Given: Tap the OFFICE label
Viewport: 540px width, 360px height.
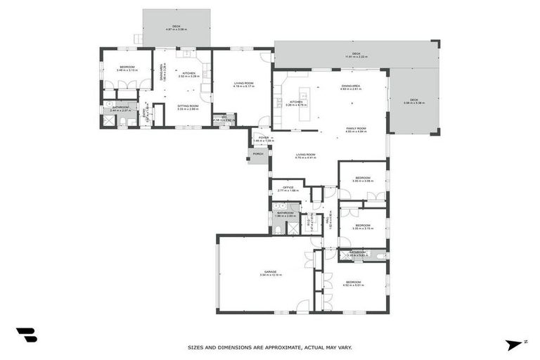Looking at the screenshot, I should [x=288, y=188].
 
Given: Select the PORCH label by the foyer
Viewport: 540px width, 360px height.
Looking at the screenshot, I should [x=258, y=153].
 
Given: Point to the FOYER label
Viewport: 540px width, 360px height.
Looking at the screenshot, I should [x=263, y=139].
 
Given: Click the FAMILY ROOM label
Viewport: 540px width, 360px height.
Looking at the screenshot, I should [x=356, y=129].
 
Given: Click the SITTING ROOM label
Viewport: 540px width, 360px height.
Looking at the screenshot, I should [x=188, y=106].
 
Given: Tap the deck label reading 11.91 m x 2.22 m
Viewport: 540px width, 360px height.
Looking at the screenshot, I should [x=356, y=55].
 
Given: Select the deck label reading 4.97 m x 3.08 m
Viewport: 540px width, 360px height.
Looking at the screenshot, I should [x=176, y=27].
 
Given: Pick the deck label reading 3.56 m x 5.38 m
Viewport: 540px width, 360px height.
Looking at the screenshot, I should [x=413, y=101].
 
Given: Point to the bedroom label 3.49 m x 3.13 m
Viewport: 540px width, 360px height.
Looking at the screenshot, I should [x=127, y=67].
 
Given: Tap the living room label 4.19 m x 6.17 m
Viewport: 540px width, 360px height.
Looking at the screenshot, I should [x=243, y=85].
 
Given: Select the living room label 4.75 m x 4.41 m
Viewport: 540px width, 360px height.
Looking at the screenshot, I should [x=305, y=155].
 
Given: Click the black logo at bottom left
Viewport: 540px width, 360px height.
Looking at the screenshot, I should [x=26, y=335].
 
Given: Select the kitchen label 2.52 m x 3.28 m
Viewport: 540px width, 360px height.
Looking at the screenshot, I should [x=188, y=74].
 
